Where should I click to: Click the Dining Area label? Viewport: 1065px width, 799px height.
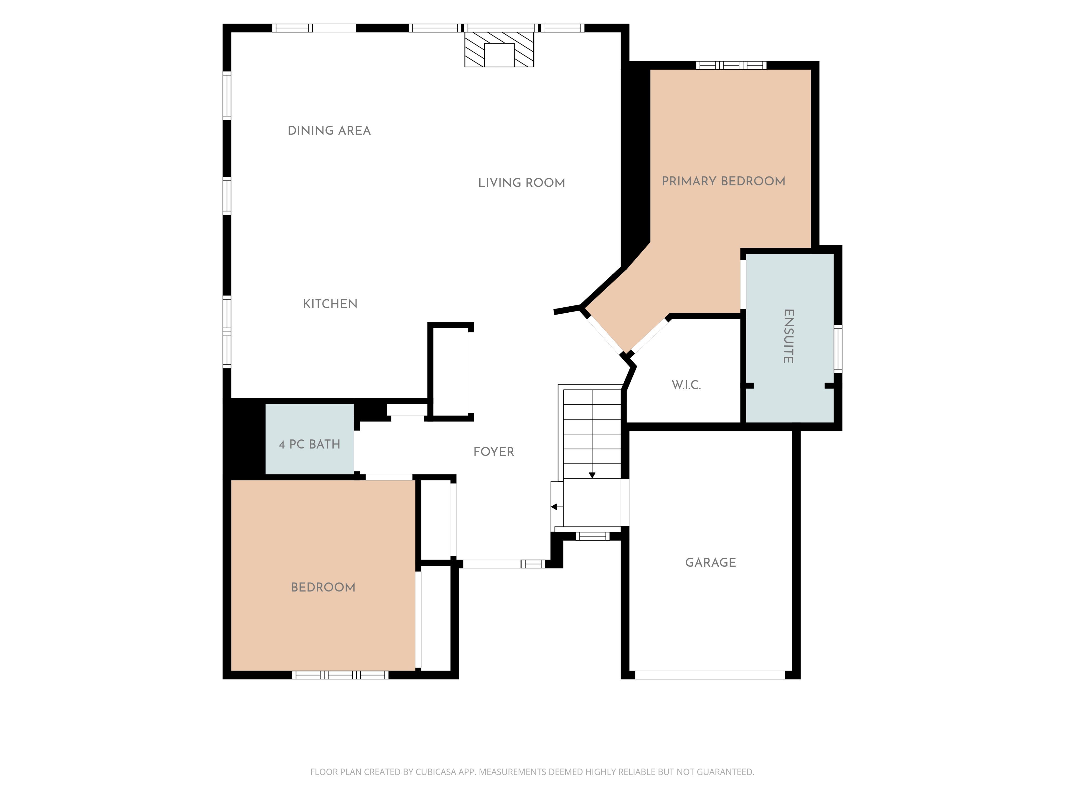click(x=329, y=130)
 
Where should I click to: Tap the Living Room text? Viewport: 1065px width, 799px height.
click(x=521, y=183)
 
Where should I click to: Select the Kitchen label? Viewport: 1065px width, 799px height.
click(x=330, y=304)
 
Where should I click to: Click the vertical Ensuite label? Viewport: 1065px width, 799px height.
click(x=788, y=336)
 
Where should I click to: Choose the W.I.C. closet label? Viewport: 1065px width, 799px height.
click(x=686, y=385)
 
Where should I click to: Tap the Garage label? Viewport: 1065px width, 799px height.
click(x=711, y=563)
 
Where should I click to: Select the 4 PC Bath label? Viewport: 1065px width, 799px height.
click(x=310, y=444)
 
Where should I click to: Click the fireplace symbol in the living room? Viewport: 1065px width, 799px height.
click(x=499, y=49)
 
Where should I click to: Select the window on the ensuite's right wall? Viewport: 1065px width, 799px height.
click(x=838, y=349)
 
